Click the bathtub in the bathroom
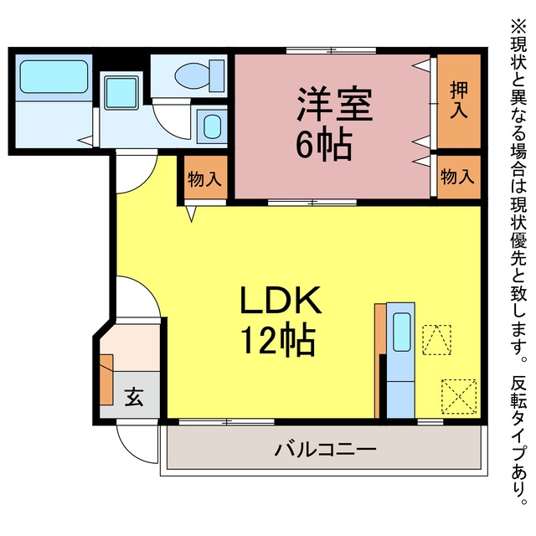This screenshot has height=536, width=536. [x=54, y=76]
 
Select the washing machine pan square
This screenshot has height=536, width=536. [x=121, y=93]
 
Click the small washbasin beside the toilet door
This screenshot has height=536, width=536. [x=212, y=126]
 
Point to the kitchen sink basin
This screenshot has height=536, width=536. [x=401, y=332]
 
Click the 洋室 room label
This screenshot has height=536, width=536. [x=334, y=104]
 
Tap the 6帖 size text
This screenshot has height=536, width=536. [x=323, y=145]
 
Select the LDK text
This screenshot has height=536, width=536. [x=281, y=300]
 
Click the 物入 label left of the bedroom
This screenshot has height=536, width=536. [x=204, y=178]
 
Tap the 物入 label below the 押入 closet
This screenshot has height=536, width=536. [x=457, y=177]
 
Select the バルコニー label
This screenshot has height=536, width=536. [x=326, y=449]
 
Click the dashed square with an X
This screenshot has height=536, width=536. [x=459, y=396]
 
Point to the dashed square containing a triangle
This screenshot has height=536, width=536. [x=436, y=340]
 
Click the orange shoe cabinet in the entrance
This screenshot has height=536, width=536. [x=106, y=379]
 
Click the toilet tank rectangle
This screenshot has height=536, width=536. [x=217, y=76]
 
